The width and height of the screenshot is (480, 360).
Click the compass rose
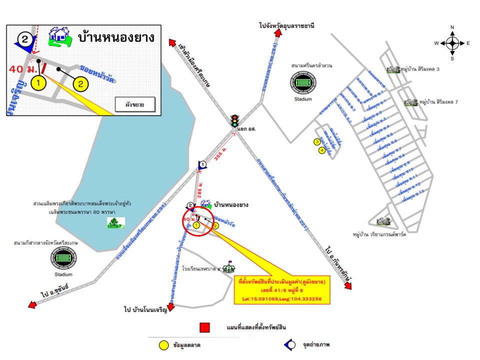452,43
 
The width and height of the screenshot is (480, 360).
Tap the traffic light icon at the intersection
234,120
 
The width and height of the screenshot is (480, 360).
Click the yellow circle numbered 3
316,142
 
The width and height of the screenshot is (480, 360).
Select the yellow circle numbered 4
322,149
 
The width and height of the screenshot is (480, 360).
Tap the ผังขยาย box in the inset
134,104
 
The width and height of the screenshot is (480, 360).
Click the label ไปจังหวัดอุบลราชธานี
286,25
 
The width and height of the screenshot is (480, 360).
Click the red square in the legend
204,328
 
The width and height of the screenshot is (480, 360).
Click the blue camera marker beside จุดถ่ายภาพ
288,345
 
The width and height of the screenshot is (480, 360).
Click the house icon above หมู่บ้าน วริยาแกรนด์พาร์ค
383,220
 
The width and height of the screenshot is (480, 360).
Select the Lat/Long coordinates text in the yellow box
282,298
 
